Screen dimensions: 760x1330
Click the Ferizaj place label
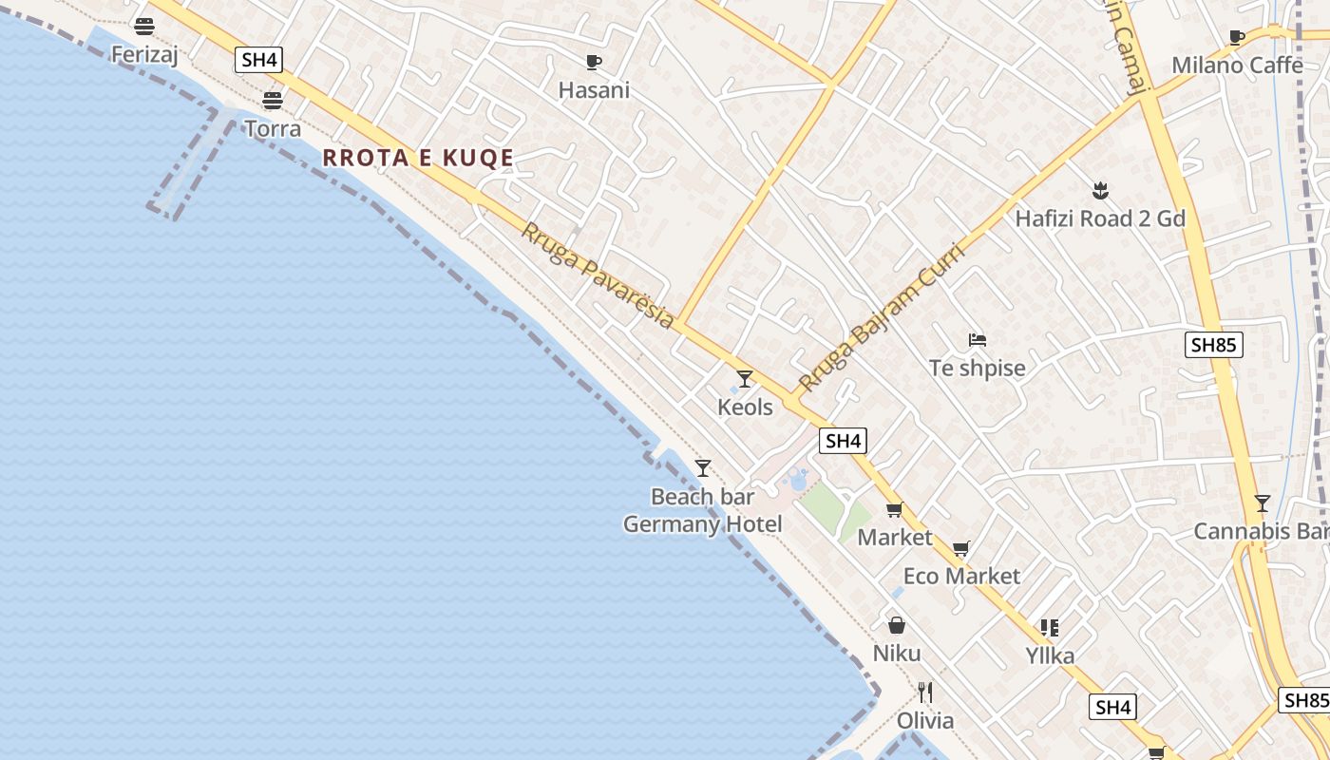(144, 55)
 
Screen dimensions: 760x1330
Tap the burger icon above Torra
(273, 100)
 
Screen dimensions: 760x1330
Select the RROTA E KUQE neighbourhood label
(418, 158)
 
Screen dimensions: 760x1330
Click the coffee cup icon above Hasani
(594, 63)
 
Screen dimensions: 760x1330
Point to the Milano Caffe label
(1237, 66)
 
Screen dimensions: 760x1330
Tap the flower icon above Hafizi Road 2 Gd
(1100, 190)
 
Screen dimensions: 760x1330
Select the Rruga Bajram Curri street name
(881, 318)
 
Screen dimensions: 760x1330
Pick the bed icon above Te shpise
(978, 339)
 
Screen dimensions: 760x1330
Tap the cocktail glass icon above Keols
(745, 379)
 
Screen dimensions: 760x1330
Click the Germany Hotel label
(703, 524)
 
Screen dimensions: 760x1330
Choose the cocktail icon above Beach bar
(703, 468)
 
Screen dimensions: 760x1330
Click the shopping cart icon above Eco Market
(961, 548)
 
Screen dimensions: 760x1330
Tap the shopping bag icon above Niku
(896, 625)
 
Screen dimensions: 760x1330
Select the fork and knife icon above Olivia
(925, 692)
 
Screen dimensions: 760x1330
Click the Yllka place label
(1050, 655)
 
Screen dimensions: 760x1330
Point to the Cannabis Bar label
(1261, 531)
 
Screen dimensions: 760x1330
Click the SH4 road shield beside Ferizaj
(259, 60)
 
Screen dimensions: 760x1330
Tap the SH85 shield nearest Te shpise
(1214, 345)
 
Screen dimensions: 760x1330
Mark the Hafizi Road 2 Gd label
(1100, 218)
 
